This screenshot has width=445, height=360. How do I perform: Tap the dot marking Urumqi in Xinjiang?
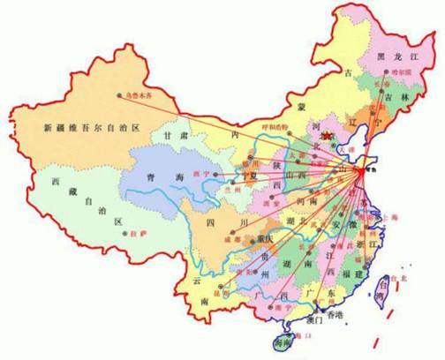(x=118, y=94)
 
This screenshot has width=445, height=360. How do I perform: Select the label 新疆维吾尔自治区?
(x=93, y=129)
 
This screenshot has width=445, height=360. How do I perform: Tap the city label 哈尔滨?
(x=402, y=72)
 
